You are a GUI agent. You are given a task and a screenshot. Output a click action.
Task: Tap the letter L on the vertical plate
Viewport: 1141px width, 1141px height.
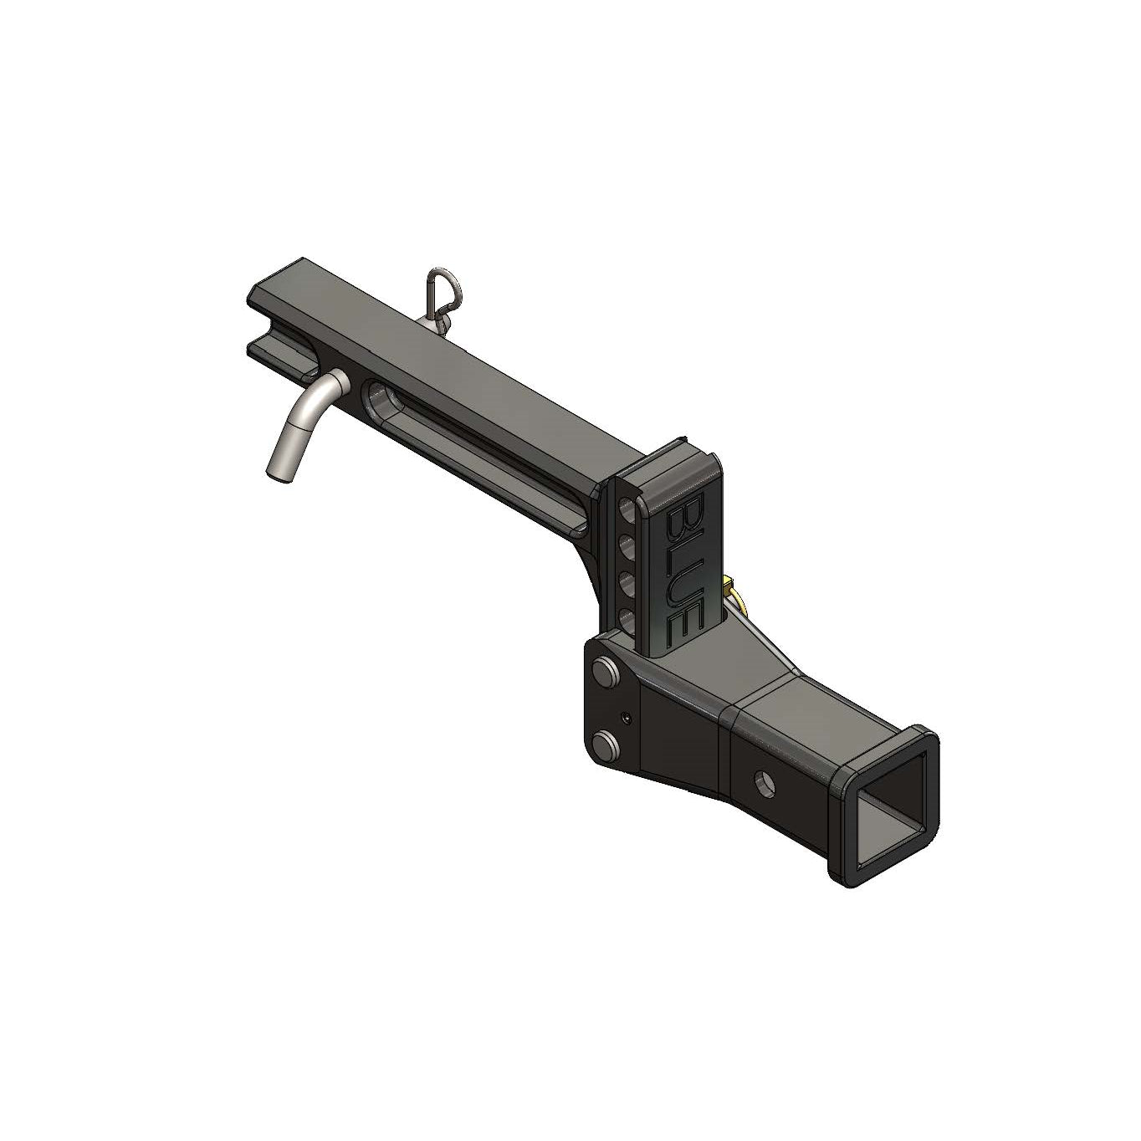(684, 551)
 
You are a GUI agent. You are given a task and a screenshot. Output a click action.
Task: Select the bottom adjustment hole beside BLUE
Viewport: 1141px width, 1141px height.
(627, 623)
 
